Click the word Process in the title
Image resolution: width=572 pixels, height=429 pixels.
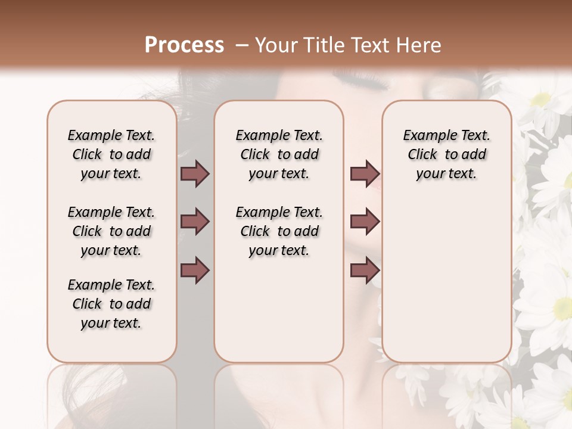[184, 45]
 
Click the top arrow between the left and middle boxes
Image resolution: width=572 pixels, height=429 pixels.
[195, 174]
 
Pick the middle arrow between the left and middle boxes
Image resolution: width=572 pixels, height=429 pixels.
[195, 222]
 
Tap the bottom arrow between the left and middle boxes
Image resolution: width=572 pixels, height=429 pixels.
[195, 270]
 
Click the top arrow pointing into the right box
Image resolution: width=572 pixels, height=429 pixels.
[365, 174]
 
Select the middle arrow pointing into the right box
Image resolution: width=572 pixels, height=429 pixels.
[365, 222]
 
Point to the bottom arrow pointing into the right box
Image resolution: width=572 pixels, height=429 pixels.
[365, 270]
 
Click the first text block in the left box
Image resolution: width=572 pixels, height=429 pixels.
[111, 154]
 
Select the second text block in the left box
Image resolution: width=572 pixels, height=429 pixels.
[111, 231]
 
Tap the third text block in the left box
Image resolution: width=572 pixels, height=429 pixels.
[111, 304]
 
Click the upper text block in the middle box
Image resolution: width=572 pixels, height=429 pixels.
[279, 154]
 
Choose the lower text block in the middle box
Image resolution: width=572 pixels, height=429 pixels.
[279, 231]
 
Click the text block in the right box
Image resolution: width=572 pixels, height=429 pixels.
[446, 154]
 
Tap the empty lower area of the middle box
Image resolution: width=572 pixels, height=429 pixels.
[279, 310]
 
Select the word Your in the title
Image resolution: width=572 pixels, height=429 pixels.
[275, 45]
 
